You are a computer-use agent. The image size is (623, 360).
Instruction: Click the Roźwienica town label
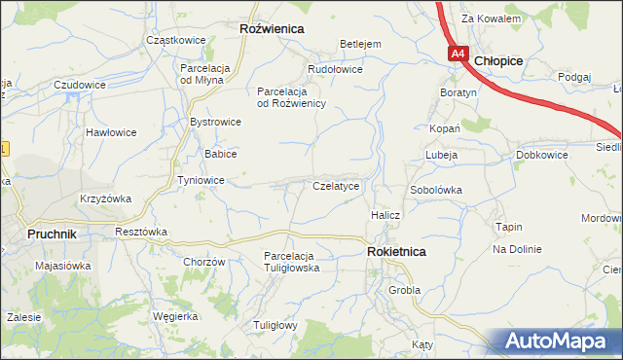point(272,29)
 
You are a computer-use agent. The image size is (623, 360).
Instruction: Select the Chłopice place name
point(499,60)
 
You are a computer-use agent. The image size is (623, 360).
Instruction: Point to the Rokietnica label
point(396,251)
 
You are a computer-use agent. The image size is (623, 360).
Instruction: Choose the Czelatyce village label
point(336,185)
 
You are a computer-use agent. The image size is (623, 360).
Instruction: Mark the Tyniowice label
point(202,181)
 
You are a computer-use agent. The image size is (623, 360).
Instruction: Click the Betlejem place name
point(359,44)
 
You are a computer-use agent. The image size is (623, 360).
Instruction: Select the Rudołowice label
point(335,69)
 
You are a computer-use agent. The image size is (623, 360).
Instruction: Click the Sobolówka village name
point(435,190)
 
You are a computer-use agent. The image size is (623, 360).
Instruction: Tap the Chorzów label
point(204,262)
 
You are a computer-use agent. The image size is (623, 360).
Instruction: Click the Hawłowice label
point(109,131)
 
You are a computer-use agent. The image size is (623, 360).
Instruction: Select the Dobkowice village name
point(542,155)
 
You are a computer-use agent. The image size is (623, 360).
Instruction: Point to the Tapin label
point(509,227)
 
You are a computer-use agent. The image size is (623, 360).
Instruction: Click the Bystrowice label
point(215,122)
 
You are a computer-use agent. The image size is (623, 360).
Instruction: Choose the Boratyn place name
point(458,92)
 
